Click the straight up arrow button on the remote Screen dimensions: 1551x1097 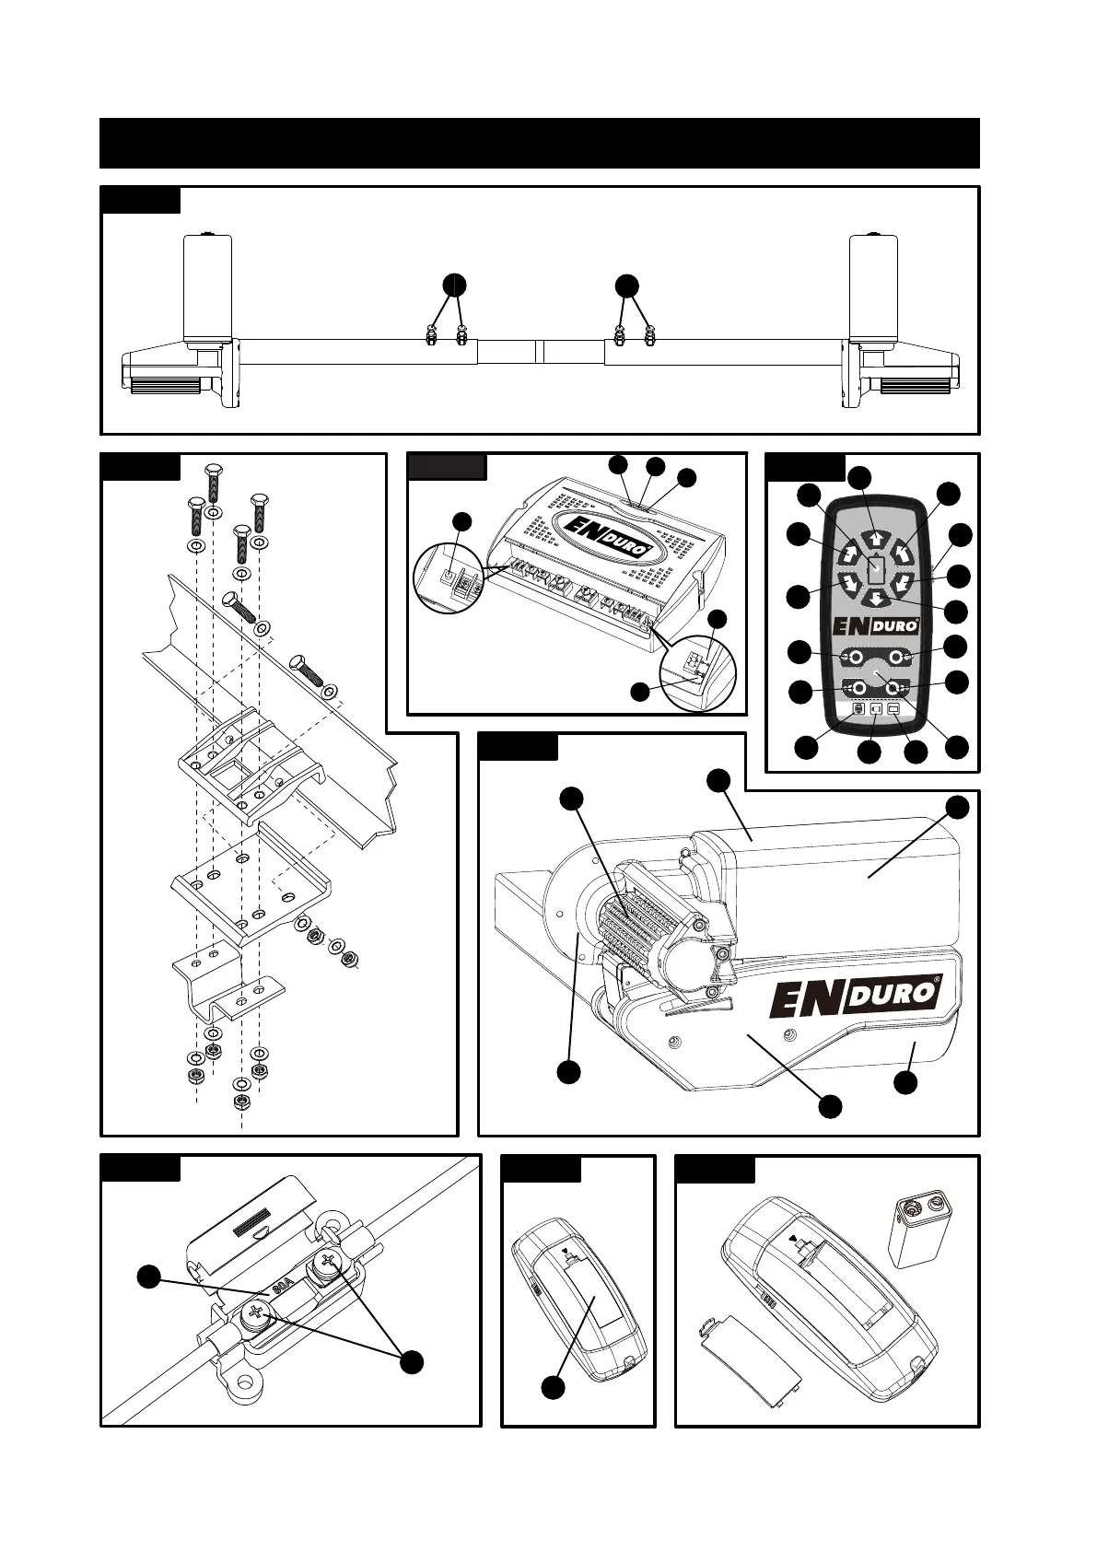tap(875, 541)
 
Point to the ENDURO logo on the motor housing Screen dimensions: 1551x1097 tap(854, 997)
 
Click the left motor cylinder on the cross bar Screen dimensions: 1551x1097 tap(207, 287)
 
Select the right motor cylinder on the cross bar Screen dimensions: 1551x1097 tap(873, 287)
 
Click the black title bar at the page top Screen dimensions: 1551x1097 tap(539, 143)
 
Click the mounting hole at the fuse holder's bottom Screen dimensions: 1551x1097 tap(244, 1382)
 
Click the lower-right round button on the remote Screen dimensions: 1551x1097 tap(892, 688)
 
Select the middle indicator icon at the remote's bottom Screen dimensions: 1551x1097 tap(876, 710)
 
